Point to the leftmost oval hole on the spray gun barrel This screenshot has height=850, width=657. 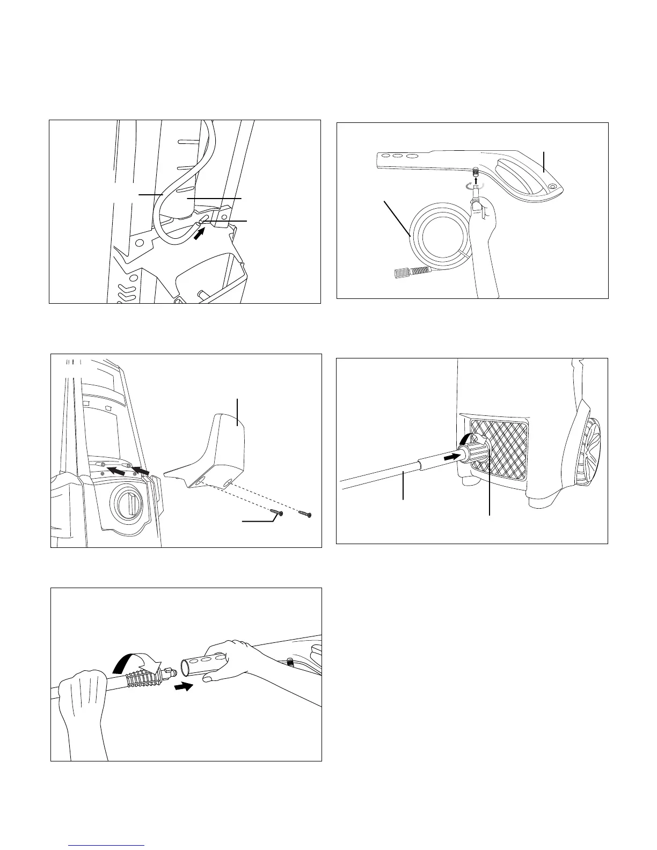point(384,156)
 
